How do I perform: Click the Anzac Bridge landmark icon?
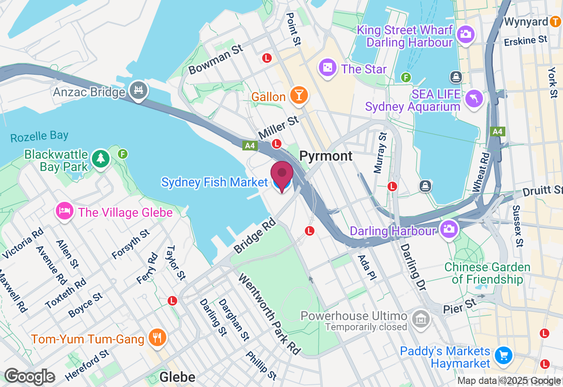coord(139,91)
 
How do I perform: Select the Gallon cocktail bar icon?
coord(299,95)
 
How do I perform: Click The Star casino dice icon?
coord(328,68)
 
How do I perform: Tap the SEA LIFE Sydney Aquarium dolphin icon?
coord(474,98)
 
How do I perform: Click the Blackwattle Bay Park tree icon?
coord(101,158)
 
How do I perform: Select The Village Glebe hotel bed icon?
coord(64,211)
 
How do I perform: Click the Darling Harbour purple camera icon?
coord(449,229)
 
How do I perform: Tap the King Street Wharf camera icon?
coord(465,34)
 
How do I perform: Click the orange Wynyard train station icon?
coord(556,22)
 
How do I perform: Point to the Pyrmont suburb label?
coord(326,156)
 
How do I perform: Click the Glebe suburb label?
coord(177,377)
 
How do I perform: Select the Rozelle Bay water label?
coord(40,136)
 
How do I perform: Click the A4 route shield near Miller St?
coord(249,145)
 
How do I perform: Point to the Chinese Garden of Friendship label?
coord(487,273)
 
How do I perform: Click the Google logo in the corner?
coord(29,377)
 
